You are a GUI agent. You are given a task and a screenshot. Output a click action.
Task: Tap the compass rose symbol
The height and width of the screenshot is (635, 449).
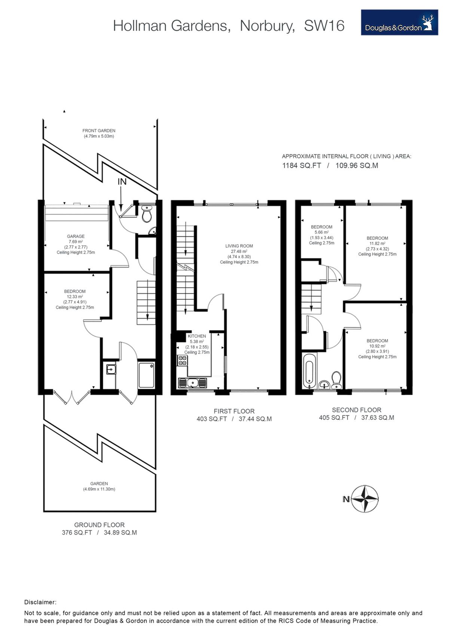pos(365,499)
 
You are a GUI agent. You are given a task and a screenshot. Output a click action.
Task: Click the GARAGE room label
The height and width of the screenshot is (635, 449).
pos(76,236)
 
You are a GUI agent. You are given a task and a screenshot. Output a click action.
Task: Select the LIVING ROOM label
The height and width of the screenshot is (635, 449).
pos(239,246)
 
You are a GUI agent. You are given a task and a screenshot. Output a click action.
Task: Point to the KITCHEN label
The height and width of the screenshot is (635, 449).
pos(197,336)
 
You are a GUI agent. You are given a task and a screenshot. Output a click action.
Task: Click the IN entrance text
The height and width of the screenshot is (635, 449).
pos(122,182)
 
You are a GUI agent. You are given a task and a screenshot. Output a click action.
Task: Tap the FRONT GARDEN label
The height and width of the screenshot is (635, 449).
pos(99,131)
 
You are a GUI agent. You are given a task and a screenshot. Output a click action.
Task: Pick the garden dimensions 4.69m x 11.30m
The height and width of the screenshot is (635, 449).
pos(99,489)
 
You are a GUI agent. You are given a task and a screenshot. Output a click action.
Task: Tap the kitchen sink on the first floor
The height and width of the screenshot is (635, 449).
pos(192,383)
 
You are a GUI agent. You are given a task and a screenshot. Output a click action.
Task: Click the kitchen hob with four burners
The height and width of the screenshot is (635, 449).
pos(182,360)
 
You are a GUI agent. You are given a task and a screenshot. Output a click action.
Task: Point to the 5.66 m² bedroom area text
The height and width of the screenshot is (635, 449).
pos(321,232)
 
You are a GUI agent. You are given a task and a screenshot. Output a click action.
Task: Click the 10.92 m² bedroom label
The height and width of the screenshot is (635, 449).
pos(377,346)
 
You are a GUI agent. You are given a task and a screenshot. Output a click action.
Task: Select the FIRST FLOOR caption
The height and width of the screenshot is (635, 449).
pos(234,411)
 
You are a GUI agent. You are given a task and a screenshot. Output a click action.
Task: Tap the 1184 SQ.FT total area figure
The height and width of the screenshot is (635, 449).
pos(302,165)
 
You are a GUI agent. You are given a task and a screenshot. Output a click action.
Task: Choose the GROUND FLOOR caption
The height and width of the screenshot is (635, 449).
pos(99,525)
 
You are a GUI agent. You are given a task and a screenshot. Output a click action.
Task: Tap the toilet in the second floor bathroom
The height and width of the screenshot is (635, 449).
pos(336,380)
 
